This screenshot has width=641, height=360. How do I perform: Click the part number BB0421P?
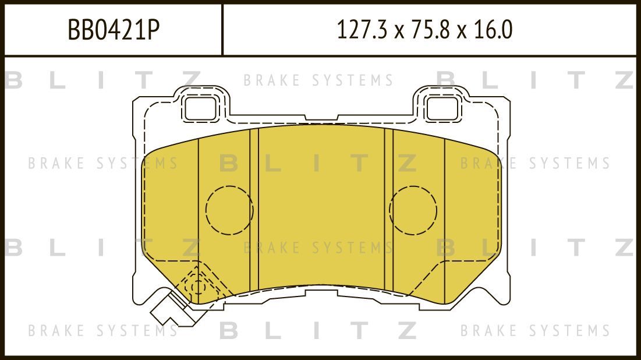[114, 30]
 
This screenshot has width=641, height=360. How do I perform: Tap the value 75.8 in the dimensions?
[433, 30]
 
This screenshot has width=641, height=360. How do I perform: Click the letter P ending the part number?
[152, 30]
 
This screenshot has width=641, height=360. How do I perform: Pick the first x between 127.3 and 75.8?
[398, 31]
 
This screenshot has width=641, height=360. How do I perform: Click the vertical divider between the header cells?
[222, 30]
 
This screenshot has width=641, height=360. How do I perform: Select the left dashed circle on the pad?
[229, 210]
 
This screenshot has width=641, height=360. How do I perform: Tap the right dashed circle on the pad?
[413, 210]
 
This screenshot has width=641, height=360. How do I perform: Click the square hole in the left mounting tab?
[200, 107]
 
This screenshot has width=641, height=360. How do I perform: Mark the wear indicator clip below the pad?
[169, 310]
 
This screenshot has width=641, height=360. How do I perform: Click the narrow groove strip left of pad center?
[254, 210]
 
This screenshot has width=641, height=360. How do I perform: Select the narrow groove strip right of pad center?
[388, 210]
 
